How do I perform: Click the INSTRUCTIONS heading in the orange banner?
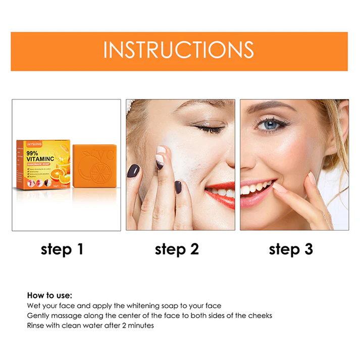click(x=179, y=51)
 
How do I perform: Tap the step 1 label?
click(x=62, y=249)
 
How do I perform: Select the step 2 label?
click(x=177, y=249)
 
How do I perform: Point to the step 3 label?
click(x=291, y=249)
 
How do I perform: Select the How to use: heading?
click(x=49, y=295)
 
